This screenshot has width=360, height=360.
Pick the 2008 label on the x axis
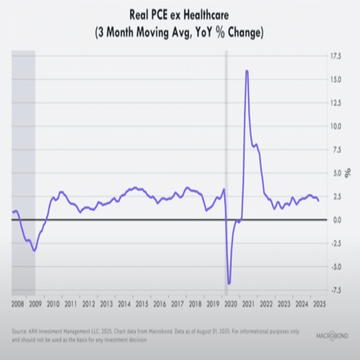click(17, 304)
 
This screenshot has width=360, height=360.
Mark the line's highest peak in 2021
click(247, 71)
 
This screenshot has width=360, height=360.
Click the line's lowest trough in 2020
click(229, 284)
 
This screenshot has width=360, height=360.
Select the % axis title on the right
click(347, 173)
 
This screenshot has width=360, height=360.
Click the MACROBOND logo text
click(332, 336)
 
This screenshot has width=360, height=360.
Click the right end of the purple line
click(318, 201)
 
